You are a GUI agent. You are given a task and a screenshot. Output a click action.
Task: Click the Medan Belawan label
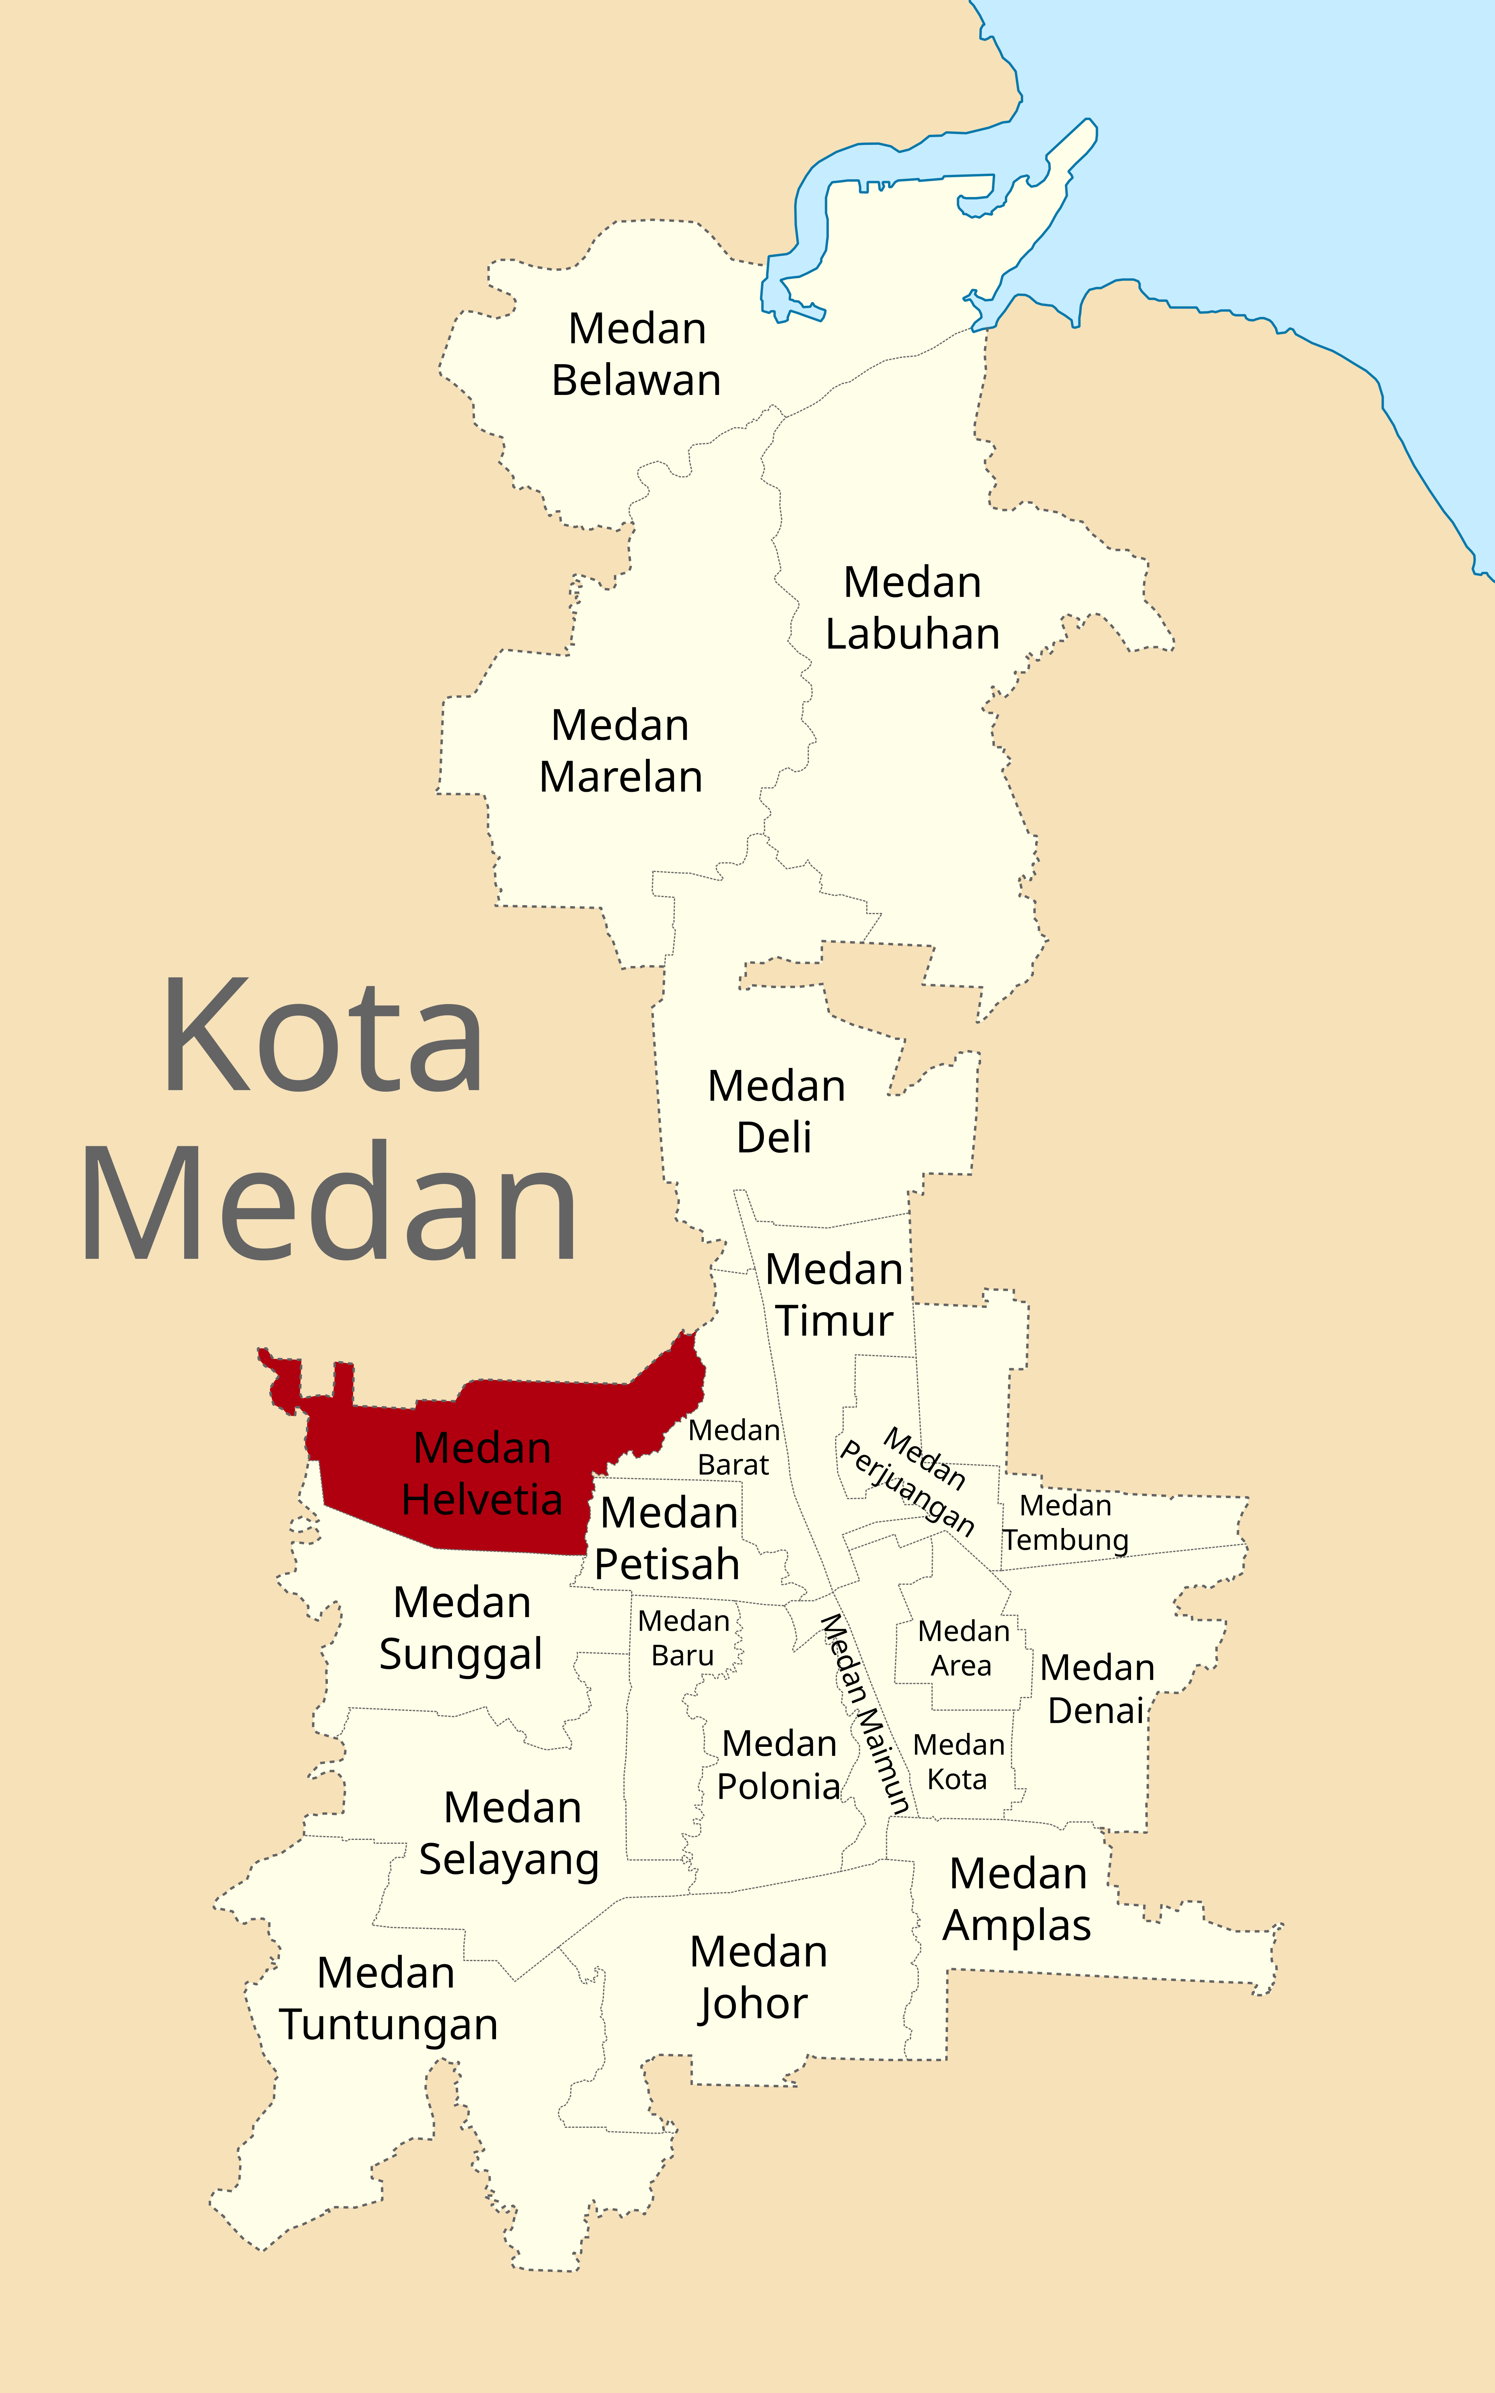637,354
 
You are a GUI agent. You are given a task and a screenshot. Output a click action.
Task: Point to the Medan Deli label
776,1112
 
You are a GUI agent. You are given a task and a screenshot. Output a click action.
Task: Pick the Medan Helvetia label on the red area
482,1473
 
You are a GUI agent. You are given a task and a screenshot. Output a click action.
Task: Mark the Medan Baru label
683,1637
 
